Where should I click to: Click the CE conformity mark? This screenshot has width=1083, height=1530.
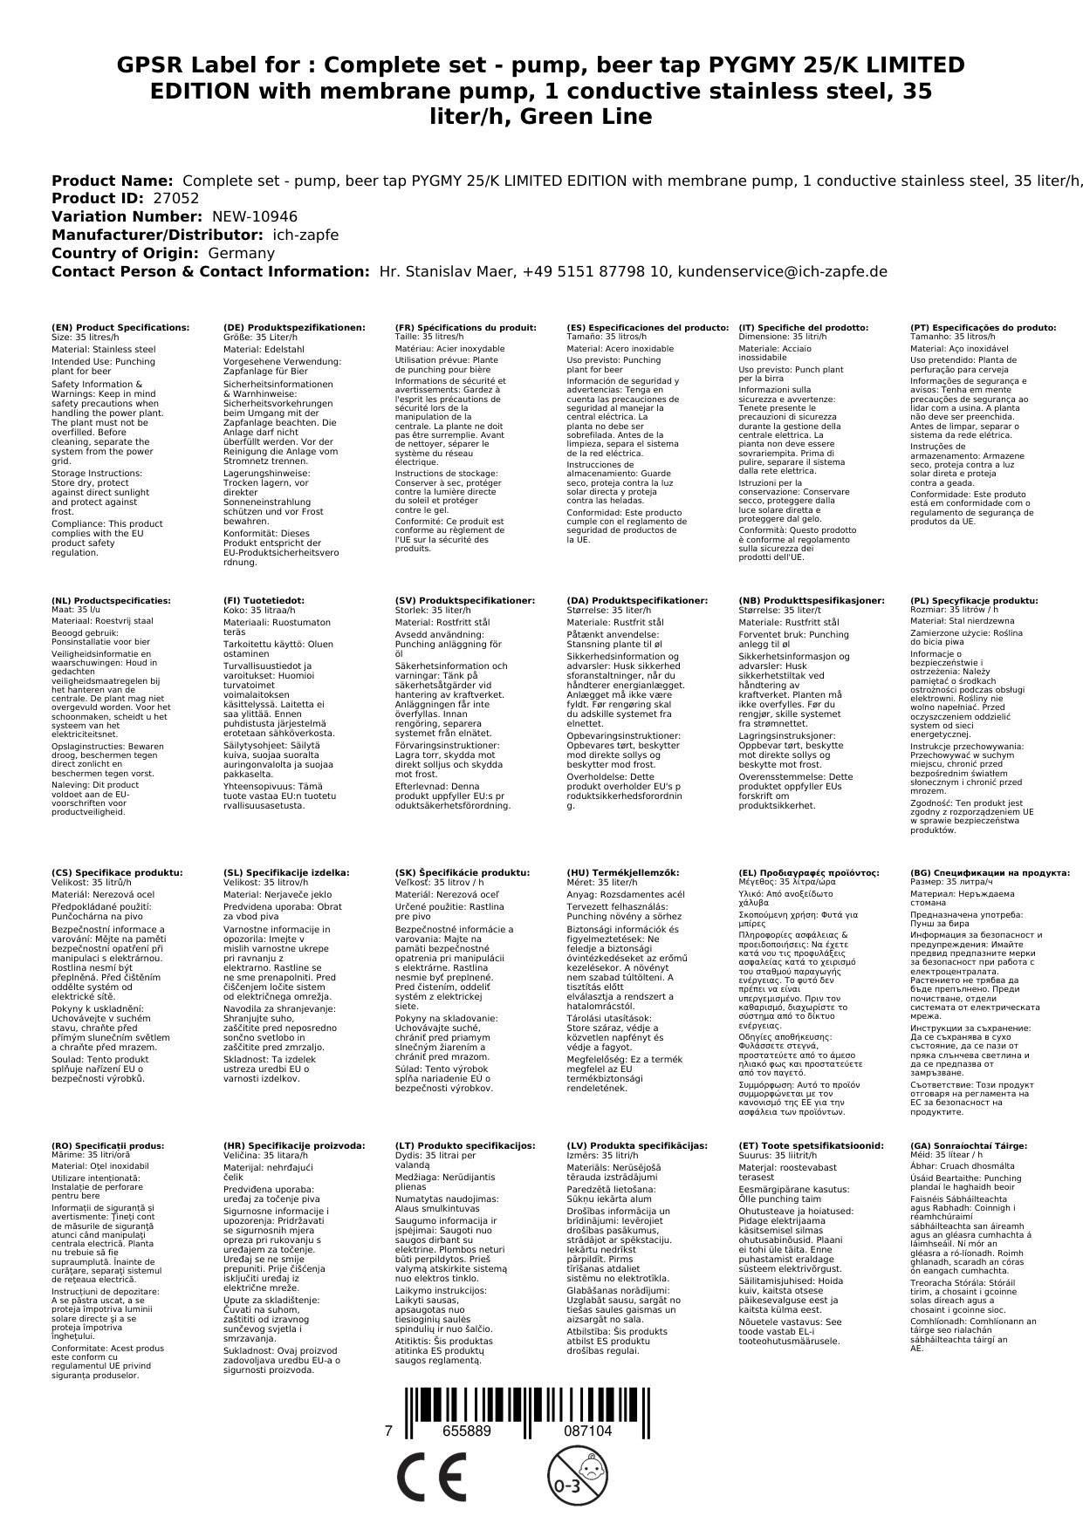click(430, 1478)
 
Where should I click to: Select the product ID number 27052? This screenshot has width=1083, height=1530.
click(175, 199)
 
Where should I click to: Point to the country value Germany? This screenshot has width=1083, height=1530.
click(241, 253)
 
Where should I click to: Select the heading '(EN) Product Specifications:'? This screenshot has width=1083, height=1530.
click(120, 328)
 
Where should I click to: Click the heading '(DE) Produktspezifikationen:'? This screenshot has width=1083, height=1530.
click(294, 328)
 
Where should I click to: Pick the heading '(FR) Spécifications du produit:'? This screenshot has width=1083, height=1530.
click(465, 328)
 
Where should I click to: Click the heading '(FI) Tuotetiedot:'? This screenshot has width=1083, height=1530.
click(264, 601)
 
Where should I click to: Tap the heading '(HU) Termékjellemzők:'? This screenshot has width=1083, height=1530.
click(622, 872)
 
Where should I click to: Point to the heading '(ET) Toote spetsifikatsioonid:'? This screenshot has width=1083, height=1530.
click(811, 1146)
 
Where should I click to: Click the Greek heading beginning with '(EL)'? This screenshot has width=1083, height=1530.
click(808, 872)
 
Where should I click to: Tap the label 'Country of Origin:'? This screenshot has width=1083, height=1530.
click(126, 253)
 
